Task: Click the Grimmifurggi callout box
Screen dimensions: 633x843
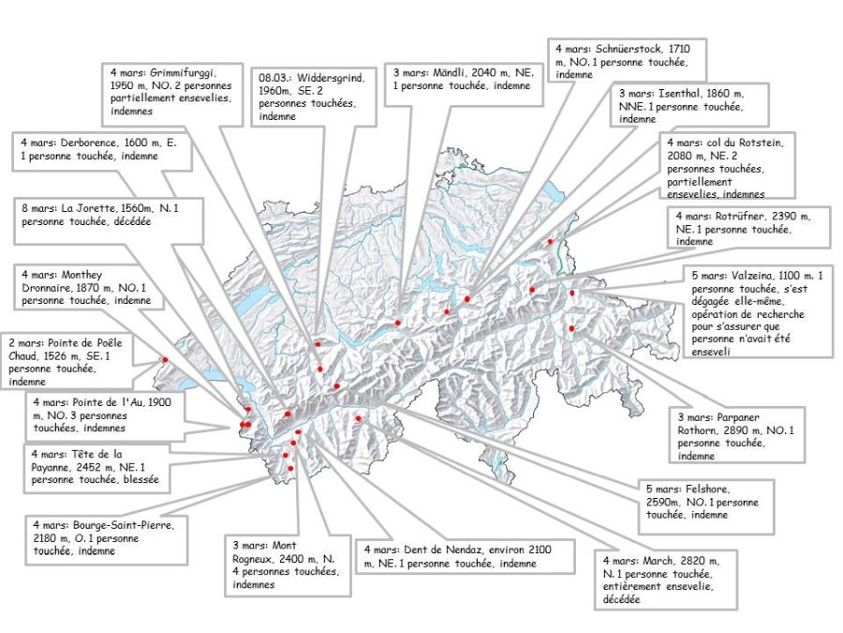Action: (x=169, y=90)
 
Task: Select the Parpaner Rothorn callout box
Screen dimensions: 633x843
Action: (x=738, y=433)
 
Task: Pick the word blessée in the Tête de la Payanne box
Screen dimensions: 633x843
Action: (x=137, y=478)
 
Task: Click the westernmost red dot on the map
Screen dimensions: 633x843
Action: (x=164, y=359)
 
